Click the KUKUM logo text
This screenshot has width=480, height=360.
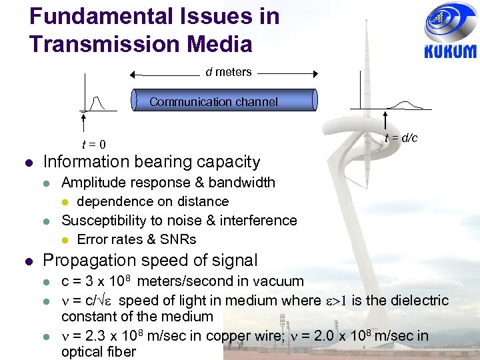pos(450,51)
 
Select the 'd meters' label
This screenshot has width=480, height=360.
pos(229,72)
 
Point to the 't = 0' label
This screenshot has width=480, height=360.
pos(94,145)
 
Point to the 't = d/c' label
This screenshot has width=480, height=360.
pos(401,138)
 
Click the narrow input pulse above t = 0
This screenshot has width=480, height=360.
pos(97,104)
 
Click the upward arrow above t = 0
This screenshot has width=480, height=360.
pos(83,123)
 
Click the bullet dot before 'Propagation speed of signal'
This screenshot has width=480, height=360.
pos(29,261)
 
